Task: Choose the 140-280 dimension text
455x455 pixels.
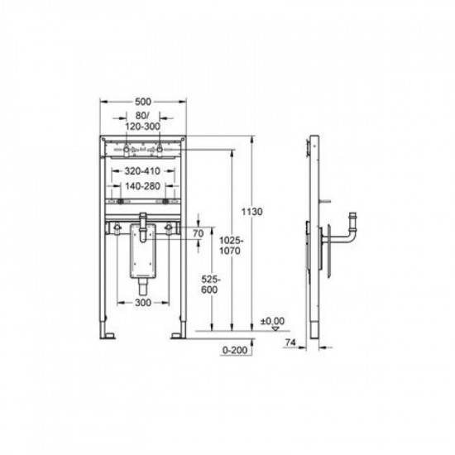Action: [142, 186]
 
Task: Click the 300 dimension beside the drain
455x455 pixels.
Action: [143, 304]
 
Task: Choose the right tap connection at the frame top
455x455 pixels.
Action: [160, 151]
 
